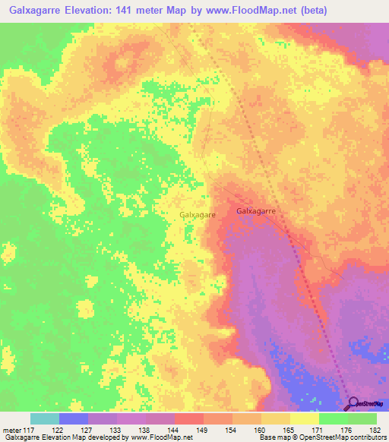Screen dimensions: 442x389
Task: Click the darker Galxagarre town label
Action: click(x=255, y=210)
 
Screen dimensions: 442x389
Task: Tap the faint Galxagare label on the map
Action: click(x=198, y=215)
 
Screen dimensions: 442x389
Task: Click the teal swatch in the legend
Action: click(x=45, y=418)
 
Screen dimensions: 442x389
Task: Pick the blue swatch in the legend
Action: click(x=74, y=418)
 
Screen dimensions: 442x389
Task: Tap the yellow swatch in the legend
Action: click(x=304, y=418)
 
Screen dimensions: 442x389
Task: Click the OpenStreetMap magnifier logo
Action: click(x=353, y=403)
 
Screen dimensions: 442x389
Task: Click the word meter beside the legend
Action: click(x=11, y=430)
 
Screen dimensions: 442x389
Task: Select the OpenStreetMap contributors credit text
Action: click(x=343, y=438)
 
